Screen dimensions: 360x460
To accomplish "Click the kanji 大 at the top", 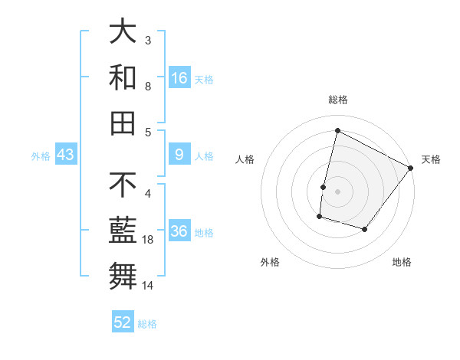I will coord(123,32).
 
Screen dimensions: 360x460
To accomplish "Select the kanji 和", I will coord(123,77).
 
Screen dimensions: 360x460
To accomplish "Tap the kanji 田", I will coord(123,123).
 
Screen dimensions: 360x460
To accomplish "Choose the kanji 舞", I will coord(123,276).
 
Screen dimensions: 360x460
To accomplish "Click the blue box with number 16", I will coord(179,78).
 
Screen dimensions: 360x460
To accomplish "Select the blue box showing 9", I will coord(179,155).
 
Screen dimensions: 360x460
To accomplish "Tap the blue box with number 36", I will coord(179,232).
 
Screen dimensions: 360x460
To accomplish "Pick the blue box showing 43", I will coord(66,155).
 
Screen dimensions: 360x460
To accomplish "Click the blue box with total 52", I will coord(123,322).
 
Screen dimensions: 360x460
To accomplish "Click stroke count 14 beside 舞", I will coord(147,286).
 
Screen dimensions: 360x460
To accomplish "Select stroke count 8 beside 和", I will coord(147,87).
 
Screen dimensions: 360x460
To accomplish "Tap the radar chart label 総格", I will coord(337,100).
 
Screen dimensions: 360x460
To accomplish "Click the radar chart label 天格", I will coord(431,159).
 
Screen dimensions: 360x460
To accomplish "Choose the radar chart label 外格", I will coord(270,262).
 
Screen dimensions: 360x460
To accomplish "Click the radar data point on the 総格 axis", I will coord(337,131).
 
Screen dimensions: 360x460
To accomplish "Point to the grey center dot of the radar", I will coord(337,191).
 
